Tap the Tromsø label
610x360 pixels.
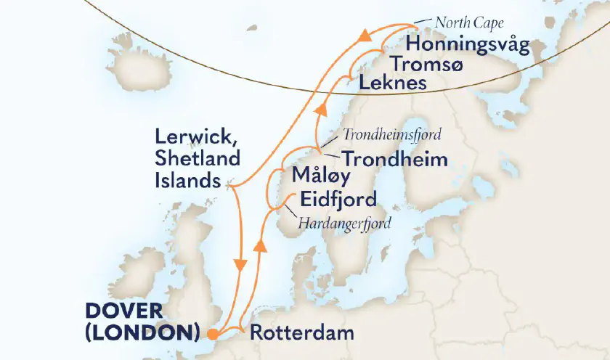point(424,64)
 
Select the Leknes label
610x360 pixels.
point(392,83)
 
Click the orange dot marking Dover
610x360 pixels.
point(211,335)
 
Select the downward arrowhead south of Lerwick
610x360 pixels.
point(239,266)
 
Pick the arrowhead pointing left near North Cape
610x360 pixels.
point(369,33)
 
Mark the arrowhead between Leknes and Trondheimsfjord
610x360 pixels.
point(319,109)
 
